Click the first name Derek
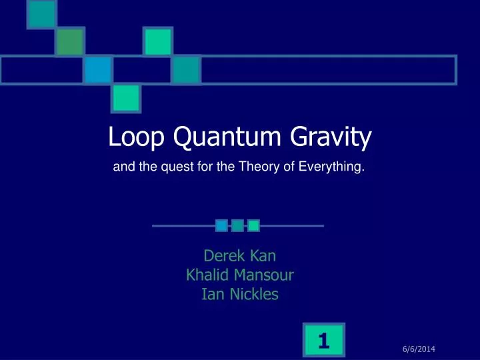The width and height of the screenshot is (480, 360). pyautogui.click(x=223, y=256)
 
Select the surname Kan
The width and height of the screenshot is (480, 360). pyautogui.click(x=261, y=256)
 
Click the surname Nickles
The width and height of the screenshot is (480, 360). pyautogui.click(x=253, y=293)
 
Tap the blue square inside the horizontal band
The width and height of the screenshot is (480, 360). pyautogui.click(x=98, y=69)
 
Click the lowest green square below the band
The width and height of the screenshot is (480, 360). pyautogui.click(x=125, y=99)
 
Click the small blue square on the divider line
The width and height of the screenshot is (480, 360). pyautogui.click(x=221, y=225)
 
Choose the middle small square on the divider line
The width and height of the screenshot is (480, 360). pyautogui.click(x=237, y=225)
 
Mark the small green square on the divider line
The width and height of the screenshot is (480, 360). pyautogui.click(x=253, y=225)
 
